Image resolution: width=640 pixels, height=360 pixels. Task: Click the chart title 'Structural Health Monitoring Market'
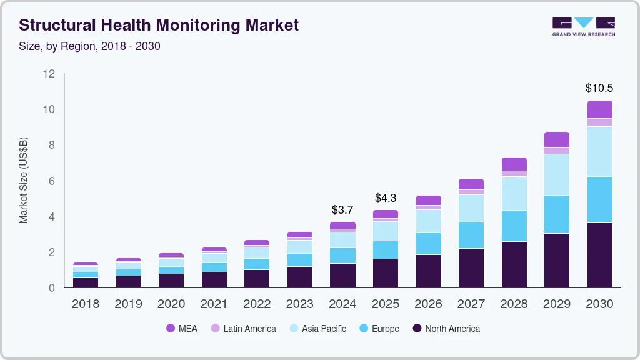click(x=159, y=25)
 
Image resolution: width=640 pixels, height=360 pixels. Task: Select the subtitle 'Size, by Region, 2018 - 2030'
click(x=90, y=46)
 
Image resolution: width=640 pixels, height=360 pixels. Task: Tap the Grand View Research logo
click(x=583, y=26)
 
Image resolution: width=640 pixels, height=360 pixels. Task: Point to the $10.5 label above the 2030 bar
click(x=599, y=88)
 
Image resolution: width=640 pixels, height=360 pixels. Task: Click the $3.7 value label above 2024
click(x=342, y=209)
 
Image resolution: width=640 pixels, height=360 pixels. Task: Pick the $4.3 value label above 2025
click(x=386, y=197)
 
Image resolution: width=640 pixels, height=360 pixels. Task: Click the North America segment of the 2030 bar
click(x=599, y=255)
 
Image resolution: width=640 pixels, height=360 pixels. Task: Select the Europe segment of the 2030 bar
click(x=599, y=199)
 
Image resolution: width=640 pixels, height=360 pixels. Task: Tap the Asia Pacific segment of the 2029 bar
click(x=556, y=174)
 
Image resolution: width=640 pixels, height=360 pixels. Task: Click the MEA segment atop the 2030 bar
click(x=599, y=109)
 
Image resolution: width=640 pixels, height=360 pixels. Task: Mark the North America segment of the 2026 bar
click(x=428, y=271)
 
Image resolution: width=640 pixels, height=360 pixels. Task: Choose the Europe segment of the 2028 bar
click(x=514, y=226)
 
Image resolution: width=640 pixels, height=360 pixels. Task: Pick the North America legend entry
click(x=446, y=328)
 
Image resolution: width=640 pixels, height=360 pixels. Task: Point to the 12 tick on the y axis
click(x=49, y=74)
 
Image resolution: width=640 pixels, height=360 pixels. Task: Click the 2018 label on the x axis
click(x=85, y=304)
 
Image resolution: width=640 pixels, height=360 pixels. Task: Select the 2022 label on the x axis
click(x=257, y=304)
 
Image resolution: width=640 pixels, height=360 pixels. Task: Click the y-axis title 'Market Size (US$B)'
click(x=24, y=181)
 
